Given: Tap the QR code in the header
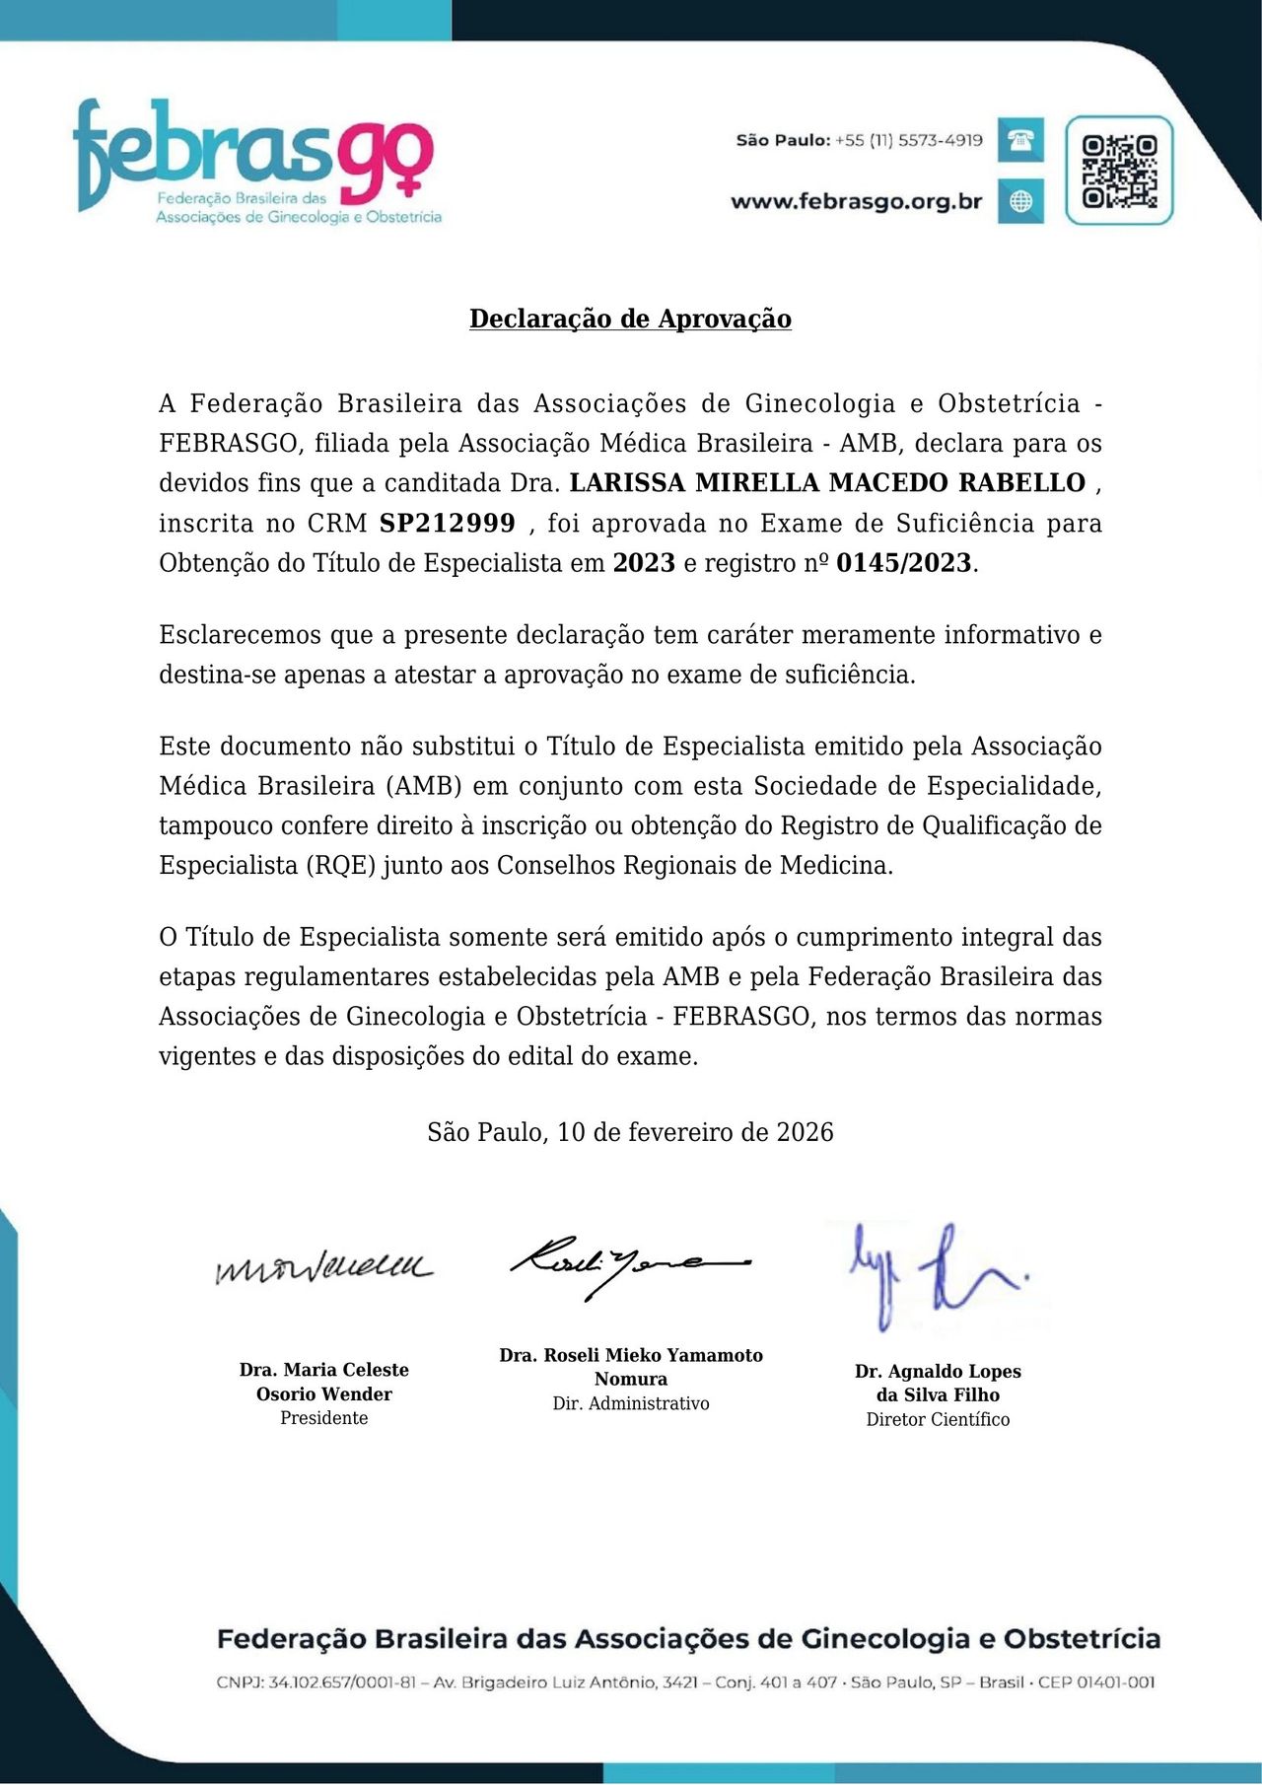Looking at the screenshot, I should (1119, 171).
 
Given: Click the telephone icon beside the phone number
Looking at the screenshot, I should (1020, 140).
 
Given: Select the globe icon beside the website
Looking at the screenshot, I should (1020, 201).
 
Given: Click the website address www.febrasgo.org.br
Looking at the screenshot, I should (856, 202).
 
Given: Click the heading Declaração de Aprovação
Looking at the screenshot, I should (630, 319).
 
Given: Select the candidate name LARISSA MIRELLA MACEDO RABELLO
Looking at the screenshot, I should (827, 483).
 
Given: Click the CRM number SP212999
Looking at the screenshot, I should (448, 523).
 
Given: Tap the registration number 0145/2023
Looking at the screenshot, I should (904, 563).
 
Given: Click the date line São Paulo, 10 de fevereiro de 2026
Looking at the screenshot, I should (630, 1132).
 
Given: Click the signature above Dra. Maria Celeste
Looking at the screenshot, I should (323, 1267).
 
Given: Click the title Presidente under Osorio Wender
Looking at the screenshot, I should (323, 1418).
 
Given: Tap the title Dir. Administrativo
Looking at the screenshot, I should (631, 1403).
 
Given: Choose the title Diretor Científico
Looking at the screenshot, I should (938, 1419).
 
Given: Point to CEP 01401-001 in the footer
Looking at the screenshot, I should (1095, 1682).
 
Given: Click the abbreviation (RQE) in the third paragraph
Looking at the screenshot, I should (342, 866).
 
